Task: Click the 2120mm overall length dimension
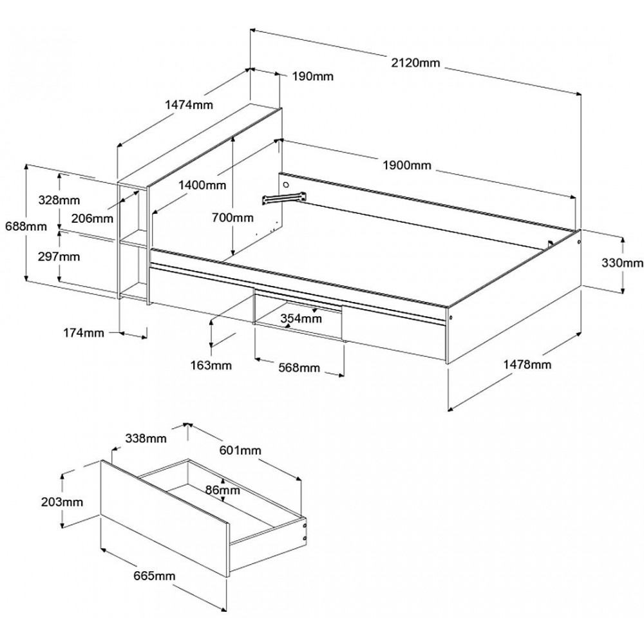pos(415,63)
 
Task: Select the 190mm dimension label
pos(313,77)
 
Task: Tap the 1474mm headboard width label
pos(189,105)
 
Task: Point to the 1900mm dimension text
pos(407,165)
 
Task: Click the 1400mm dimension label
pos(202,185)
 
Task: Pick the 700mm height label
pos(232,217)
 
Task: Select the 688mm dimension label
pos(26,226)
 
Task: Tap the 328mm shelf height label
pos(59,200)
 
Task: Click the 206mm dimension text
pos(92,218)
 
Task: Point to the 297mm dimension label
pos(59,257)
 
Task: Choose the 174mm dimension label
pos(83,333)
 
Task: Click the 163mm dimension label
pos(211,365)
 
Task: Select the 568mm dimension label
pos(299,367)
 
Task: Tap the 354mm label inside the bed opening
pos(301,318)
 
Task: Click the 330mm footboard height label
pos(622,263)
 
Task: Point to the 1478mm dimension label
pos(527,365)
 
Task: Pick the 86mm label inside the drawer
pos(223,489)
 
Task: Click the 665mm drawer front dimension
pos(154,576)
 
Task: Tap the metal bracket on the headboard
pos(285,197)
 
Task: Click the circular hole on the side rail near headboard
pos(287,184)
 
